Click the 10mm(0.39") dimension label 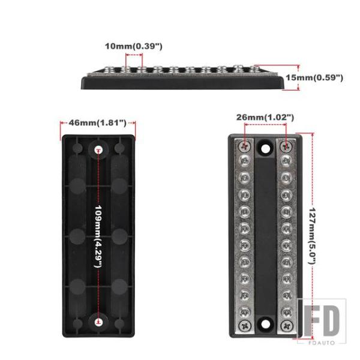click(134, 46)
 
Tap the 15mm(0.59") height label click(314, 77)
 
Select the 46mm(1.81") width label click(98, 123)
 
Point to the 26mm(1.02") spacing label click(265, 118)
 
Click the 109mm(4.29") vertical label click(98, 236)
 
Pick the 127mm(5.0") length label click(312, 236)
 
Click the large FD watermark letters click(322, 321)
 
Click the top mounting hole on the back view click(99, 150)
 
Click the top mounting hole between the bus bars click(266, 149)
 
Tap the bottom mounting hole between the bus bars click(266, 324)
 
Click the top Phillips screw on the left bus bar click(245, 146)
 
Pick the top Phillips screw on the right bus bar click(286, 146)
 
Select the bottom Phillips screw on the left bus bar click(245, 326)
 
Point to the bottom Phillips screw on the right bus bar click(287, 326)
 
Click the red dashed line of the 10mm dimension click(134, 55)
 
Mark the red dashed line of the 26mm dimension click(265, 125)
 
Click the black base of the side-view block click(182, 83)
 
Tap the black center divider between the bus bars click(266, 236)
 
